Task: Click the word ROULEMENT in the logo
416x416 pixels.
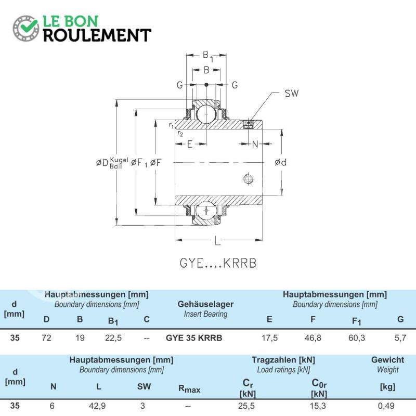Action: click(x=97, y=35)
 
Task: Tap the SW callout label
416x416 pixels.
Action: click(x=291, y=94)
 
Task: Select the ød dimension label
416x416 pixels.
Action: click(x=280, y=162)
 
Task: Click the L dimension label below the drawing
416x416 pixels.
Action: click(x=217, y=241)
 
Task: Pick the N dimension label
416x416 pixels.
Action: click(x=255, y=144)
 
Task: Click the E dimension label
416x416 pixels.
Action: click(x=190, y=144)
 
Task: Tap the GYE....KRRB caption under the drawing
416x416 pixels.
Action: click(x=218, y=263)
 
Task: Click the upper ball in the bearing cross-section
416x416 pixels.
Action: click(x=206, y=114)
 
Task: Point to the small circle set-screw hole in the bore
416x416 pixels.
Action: click(x=248, y=179)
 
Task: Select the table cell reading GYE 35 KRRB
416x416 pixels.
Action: click(x=194, y=337)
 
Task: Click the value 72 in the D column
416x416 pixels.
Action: click(x=46, y=337)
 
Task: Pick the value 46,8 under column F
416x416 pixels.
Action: click(x=313, y=337)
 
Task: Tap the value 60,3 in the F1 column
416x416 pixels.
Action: click(x=357, y=337)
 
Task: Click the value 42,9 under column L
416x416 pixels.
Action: click(x=97, y=406)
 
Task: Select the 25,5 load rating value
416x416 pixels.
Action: click(x=246, y=406)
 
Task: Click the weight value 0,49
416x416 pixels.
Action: click(x=386, y=406)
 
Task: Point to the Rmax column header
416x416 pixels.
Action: click(x=189, y=389)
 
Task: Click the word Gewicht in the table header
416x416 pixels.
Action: click(x=387, y=360)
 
